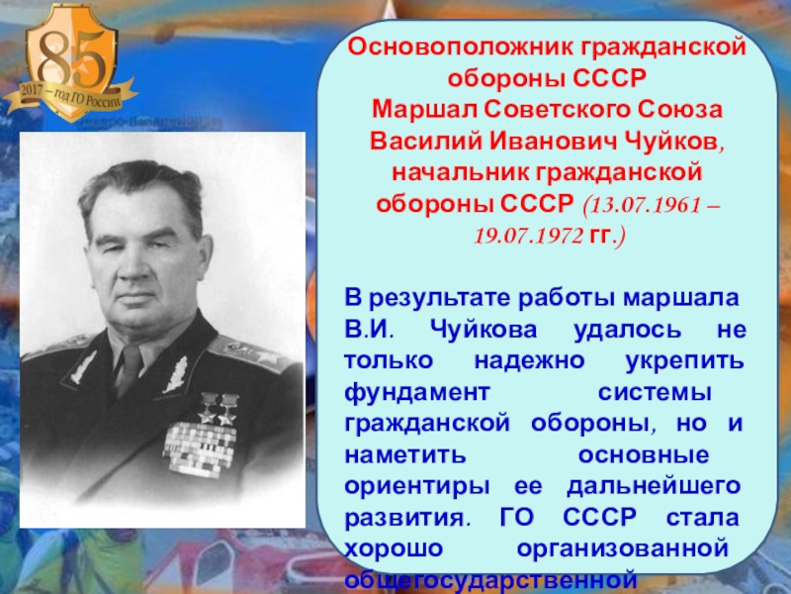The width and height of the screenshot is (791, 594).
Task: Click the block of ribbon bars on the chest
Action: coord(199,445)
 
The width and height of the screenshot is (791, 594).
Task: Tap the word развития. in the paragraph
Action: coord(402,518)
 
